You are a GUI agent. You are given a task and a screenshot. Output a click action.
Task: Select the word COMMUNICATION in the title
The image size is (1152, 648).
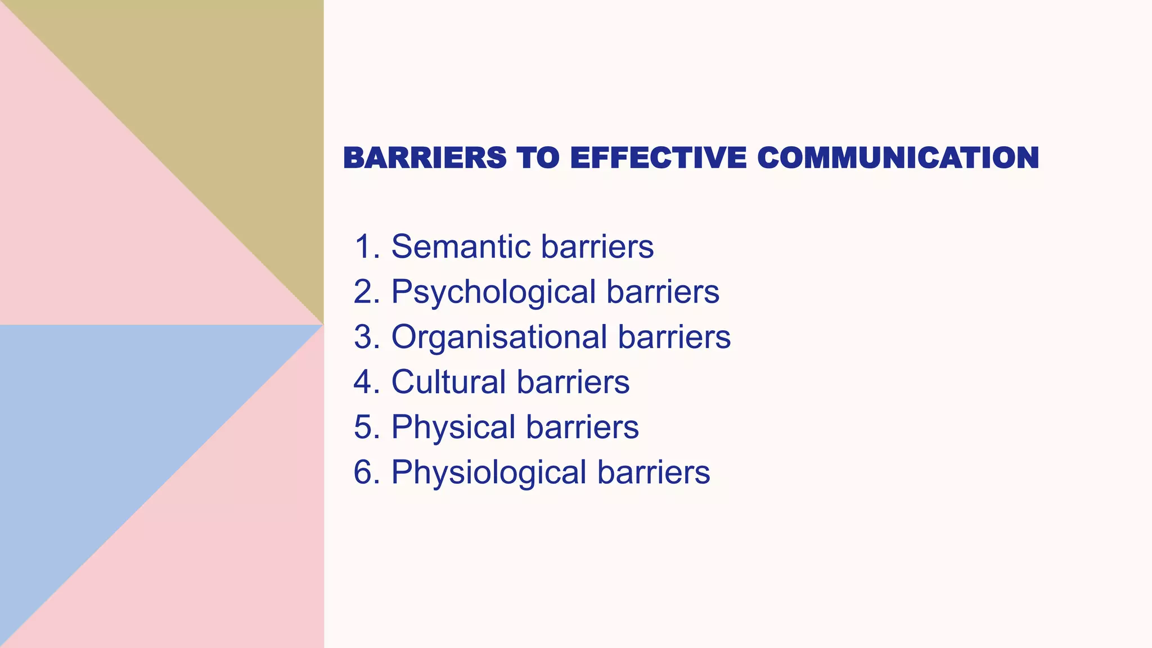click(898, 157)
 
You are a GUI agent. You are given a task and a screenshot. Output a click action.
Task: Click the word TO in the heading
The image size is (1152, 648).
click(538, 157)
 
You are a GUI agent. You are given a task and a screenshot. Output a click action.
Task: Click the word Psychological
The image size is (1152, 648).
click(493, 292)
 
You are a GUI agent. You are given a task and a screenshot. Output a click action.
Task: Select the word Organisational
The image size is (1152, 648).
click(499, 337)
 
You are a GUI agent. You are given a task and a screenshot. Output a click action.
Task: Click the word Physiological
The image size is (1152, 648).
click(489, 472)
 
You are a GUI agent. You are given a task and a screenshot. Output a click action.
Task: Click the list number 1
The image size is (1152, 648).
click(366, 246)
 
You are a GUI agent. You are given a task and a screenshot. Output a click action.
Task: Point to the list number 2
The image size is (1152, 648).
click(366, 292)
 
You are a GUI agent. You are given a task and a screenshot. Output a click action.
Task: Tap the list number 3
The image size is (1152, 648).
click(366, 337)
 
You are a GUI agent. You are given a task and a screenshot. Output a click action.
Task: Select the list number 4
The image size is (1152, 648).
click(366, 382)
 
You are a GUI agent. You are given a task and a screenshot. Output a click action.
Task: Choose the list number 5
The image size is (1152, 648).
click(366, 427)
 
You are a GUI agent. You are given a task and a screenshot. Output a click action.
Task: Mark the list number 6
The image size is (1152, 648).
click(366, 472)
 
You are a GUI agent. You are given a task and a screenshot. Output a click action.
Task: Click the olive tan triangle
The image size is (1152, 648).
click(225, 101)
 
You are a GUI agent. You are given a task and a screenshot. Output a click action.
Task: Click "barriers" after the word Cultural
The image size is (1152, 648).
click(573, 382)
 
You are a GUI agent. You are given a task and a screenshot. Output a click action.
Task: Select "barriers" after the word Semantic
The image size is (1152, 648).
click(597, 246)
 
